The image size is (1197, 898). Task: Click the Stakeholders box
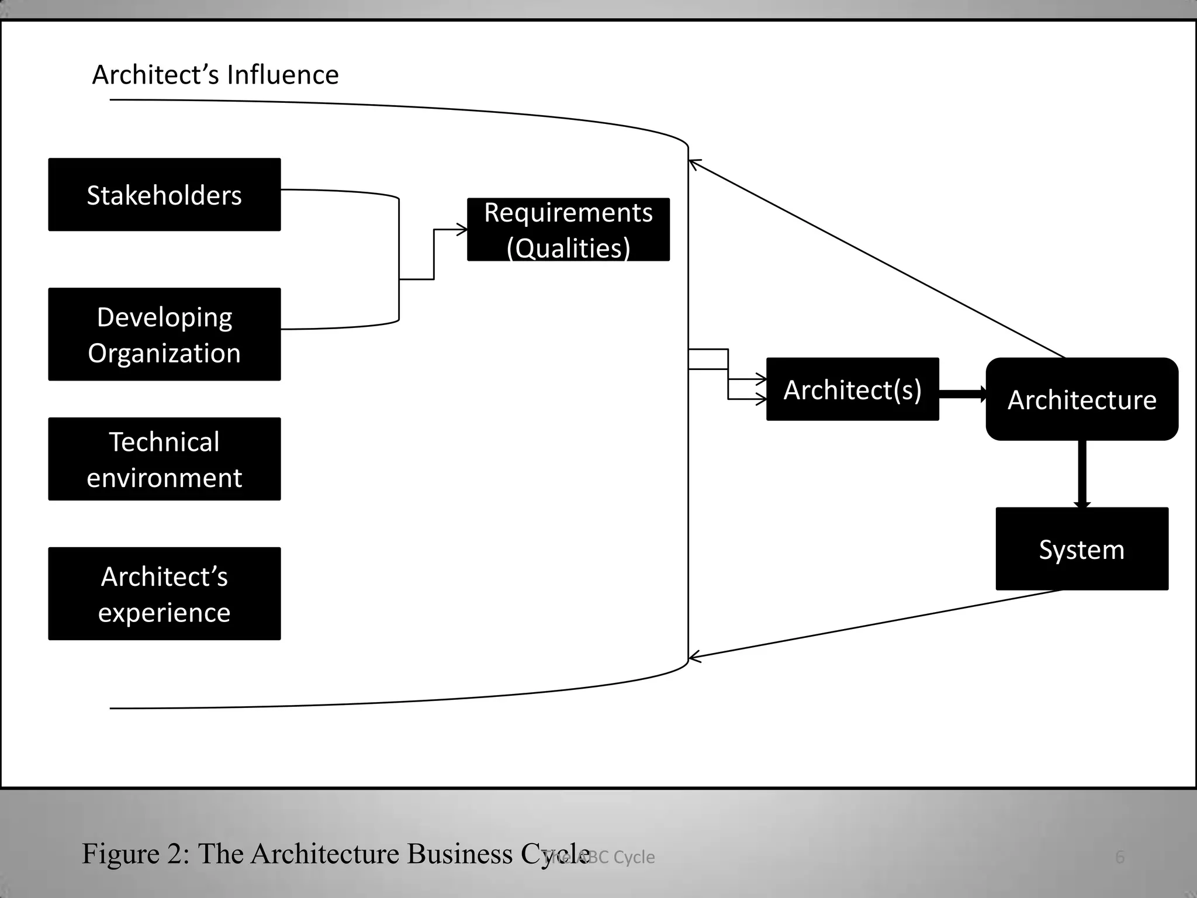click(164, 195)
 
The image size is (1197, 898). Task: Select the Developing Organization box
click(164, 334)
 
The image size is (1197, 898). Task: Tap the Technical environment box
click(164, 459)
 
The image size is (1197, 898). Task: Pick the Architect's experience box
click(164, 593)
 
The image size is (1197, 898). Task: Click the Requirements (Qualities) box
click(568, 229)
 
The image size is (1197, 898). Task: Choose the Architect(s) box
click(852, 389)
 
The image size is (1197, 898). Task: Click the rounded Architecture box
click(1081, 399)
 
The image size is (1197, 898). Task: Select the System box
click(1081, 549)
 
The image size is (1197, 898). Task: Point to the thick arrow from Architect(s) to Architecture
click(961, 394)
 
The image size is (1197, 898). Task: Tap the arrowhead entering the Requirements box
click(462, 230)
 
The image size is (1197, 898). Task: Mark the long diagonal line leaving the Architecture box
click(877, 258)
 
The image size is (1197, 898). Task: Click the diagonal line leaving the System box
click(877, 623)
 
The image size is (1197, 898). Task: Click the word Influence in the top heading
click(282, 75)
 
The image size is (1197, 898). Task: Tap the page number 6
click(1119, 857)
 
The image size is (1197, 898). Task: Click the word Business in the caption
click(459, 854)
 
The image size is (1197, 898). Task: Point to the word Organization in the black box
click(164, 353)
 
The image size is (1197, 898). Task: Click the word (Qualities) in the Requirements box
click(568, 248)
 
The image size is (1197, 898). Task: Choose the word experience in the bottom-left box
click(164, 613)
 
